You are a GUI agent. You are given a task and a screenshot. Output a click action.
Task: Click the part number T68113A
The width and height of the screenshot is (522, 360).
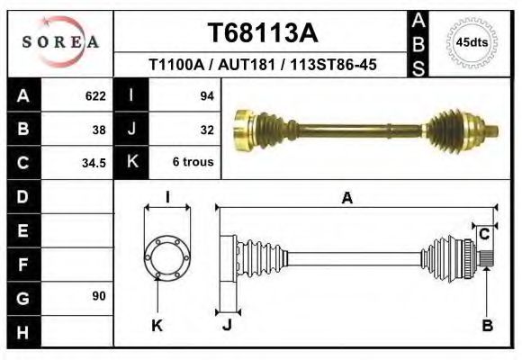point(263,33)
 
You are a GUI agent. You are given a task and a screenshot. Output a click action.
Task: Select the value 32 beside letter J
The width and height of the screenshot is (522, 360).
point(206,130)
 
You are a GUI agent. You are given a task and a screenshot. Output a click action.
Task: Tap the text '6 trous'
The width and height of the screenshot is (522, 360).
point(192,163)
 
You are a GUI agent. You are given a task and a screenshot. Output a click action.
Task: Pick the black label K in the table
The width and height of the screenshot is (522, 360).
point(132,163)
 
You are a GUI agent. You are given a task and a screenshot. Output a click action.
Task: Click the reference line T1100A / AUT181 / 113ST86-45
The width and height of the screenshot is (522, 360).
point(262,65)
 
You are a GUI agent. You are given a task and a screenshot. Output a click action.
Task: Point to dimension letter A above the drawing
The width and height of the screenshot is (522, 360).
point(346,199)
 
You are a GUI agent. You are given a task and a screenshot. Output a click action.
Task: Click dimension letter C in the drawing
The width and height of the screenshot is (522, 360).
point(483,235)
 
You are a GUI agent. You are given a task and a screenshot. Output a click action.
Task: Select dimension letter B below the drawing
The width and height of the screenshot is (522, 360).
point(487,326)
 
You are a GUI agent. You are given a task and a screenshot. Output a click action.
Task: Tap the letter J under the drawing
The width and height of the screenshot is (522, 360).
point(227,326)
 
